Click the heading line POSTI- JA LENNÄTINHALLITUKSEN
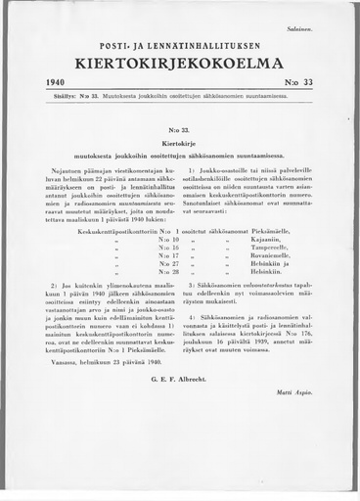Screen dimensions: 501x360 tap(180, 45)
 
